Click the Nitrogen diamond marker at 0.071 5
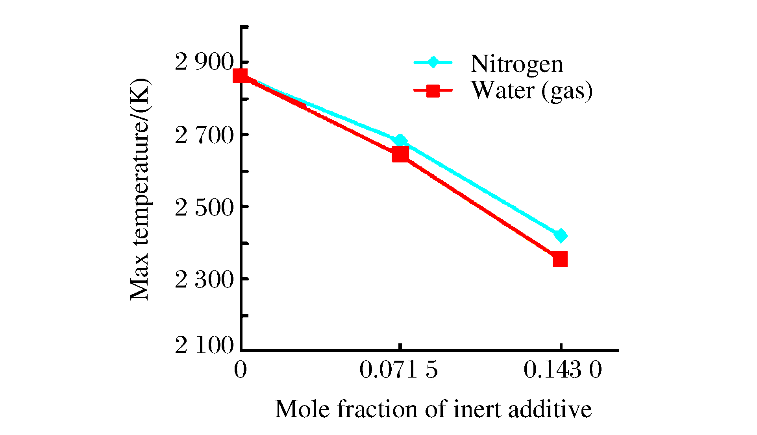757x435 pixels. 400,140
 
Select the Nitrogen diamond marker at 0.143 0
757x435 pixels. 560,236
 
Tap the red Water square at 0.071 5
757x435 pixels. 400,155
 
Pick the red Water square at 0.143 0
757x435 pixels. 560,260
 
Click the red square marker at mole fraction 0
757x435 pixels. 240,76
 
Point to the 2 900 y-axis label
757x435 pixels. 204,62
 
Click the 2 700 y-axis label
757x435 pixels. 204,136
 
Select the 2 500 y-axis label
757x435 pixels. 204,208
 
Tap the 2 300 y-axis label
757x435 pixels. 204,280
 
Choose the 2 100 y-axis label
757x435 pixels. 204,345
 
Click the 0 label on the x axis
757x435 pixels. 240,370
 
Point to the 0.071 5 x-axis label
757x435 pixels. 398,370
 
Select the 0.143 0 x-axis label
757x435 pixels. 562,370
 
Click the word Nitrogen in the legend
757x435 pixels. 516,64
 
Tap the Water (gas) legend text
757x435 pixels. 531,90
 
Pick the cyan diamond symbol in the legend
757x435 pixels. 433,62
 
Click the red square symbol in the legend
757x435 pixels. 433,90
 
